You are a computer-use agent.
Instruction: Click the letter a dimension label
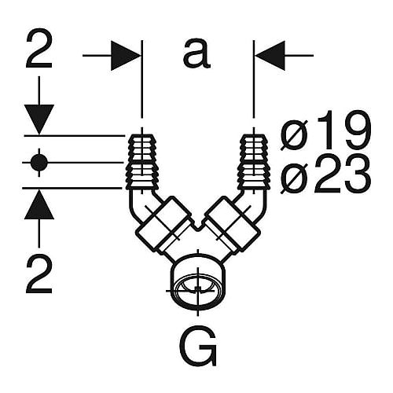[x=196, y=54]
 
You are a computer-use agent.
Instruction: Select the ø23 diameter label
[x=325, y=174]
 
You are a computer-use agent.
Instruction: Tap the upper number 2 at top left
[x=39, y=49]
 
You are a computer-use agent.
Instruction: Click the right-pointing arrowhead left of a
[x=125, y=56]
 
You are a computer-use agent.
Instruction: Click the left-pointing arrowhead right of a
[x=270, y=56]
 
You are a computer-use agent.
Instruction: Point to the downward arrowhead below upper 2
[x=39, y=119]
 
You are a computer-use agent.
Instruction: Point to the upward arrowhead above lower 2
[x=39, y=204]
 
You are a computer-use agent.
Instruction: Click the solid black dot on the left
[x=39, y=163]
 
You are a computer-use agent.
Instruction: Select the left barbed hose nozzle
[x=141, y=162]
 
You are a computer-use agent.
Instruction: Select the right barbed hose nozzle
[x=254, y=162]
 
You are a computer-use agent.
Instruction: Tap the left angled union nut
[x=163, y=223]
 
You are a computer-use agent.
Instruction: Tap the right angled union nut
[x=233, y=223]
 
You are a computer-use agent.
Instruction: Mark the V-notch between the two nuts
[x=198, y=225]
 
